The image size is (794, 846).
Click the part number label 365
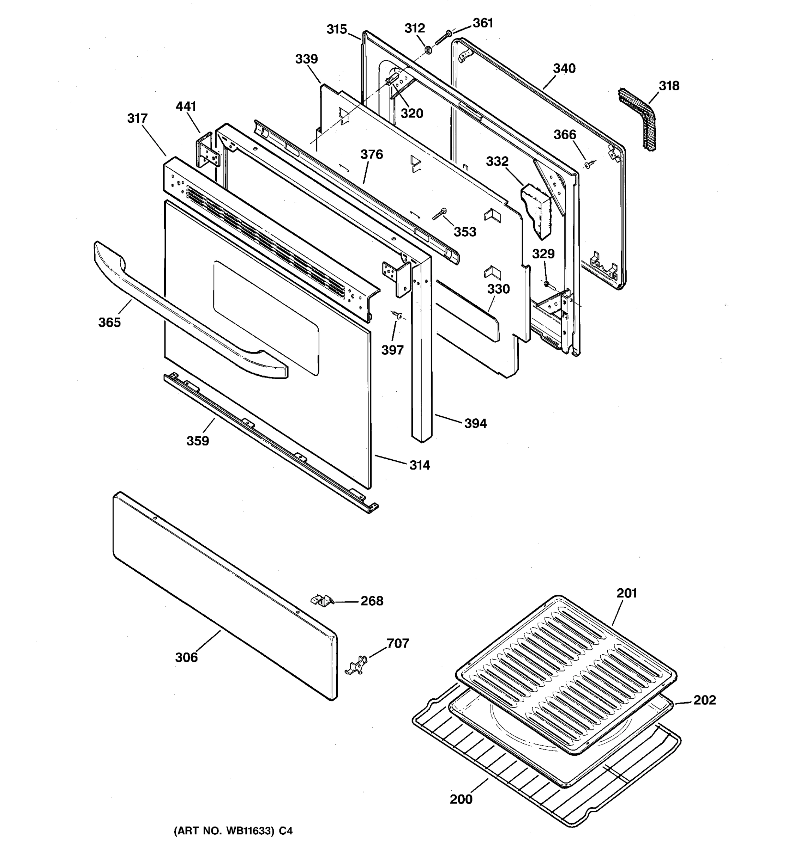pos(109,323)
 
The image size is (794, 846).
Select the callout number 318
pos(669,86)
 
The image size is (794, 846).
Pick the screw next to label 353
pos(439,214)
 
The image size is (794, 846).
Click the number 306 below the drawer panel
pos(186,657)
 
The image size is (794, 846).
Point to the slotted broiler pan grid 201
pos(566,672)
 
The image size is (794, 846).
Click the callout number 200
pos(461,799)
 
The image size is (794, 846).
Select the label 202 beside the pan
pos(705,700)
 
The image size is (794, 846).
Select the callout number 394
pos(475,423)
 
